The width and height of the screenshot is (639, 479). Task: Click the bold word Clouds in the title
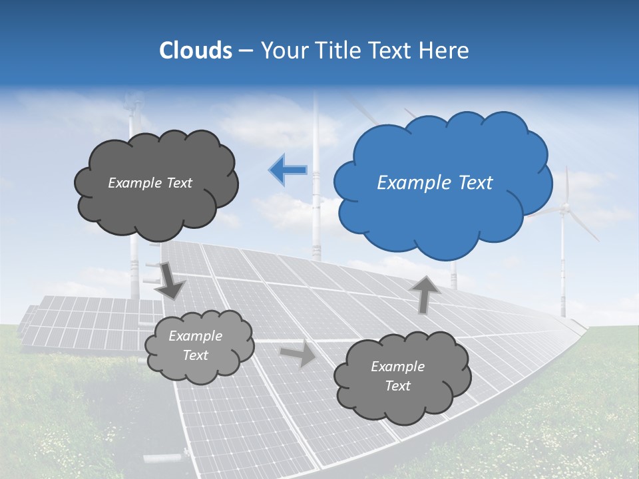point(195,51)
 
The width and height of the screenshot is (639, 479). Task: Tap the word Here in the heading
point(447,51)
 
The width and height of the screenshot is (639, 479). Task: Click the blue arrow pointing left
point(288,170)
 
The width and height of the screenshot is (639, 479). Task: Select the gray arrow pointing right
point(298,353)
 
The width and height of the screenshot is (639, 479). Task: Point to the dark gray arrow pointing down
point(170,280)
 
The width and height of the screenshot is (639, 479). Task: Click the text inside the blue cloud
point(435,183)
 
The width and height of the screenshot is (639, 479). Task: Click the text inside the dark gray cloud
point(150,183)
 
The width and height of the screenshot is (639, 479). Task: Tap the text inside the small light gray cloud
point(195,346)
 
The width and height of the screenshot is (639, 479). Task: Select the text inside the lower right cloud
point(397,376)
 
